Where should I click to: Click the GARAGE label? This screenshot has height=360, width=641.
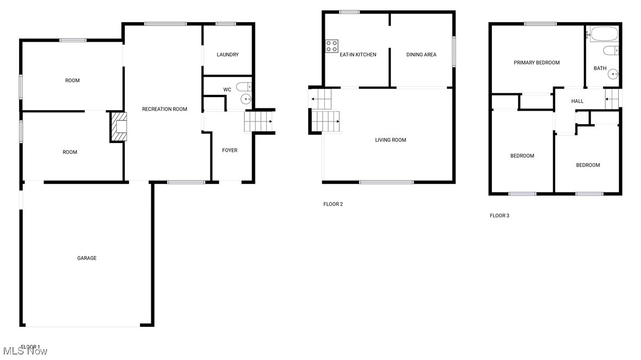click(87, 258)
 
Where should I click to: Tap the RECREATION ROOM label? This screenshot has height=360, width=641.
click(164, 110)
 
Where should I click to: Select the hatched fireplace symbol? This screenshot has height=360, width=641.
click(119, 127)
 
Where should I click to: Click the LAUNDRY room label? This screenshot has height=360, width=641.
click(227, 55)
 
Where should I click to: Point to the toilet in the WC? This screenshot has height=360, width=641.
click(244, 86)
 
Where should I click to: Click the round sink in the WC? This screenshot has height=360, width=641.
click(246, 99)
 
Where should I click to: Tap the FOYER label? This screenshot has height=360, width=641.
click(229, 150)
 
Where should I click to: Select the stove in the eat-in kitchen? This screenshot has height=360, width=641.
click(332, 46)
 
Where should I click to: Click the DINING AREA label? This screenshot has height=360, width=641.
click(421, 55)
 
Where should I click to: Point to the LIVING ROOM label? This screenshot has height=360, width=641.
click(390, 140)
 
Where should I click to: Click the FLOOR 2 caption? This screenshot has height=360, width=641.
click(333, 204)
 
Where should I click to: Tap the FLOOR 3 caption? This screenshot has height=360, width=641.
click(499, 216)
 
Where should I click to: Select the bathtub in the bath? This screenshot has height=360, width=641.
click(604, 34)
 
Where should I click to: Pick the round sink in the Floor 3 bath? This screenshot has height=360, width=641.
click(613, 74)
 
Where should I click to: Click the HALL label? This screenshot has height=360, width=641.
click(577, 101)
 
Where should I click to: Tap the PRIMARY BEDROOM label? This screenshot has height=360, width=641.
click(536, 63)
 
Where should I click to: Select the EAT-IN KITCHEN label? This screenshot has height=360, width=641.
click(358, 55)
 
